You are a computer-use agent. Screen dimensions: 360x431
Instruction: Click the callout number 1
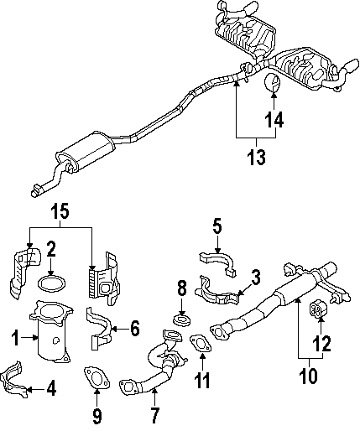(x=16, y=338)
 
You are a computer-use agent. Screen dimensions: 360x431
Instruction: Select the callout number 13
(x=256, y=158)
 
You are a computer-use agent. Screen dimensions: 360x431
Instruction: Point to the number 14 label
(x=274, y=120)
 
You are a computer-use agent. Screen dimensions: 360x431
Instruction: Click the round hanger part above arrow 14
(x=273, y=83)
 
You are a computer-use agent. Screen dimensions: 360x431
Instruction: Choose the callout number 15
(x=60, y=211)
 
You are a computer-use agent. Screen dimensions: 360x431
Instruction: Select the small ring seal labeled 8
(x=182, y=319)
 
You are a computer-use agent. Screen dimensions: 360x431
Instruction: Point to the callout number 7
(x=154, y=415)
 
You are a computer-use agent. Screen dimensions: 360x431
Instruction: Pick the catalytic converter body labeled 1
(x=52, y=333)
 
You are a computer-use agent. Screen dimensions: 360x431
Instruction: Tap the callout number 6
(x=135, y=329)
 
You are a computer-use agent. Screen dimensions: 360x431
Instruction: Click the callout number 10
(x=309, y=375)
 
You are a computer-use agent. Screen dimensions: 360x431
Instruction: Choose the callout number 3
(x=255, y=278)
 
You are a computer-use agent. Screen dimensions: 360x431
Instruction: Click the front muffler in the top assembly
(x=86, y=151)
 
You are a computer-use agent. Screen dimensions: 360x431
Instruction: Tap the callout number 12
(x=321, y=343)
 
